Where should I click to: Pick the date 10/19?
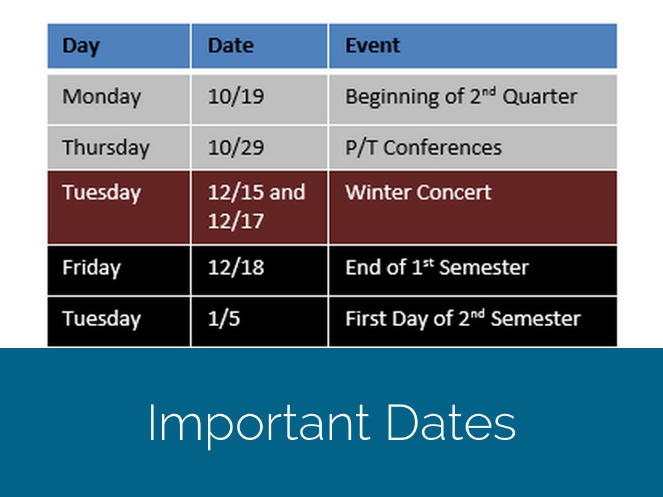tap(236, 96)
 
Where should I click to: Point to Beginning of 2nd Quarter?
tap(461, 97)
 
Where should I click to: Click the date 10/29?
tap(236, 148)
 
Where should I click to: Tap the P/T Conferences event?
tap(423, 148)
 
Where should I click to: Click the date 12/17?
tap(236, 221)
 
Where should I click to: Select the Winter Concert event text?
tap(418, 192)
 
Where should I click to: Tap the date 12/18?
tap(236, 267)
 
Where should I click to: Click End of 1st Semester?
tap(437, 267)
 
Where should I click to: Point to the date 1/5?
tap(223, 318)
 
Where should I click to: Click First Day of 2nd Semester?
tap(463, 318)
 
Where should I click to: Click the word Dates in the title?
tap(451, 422)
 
